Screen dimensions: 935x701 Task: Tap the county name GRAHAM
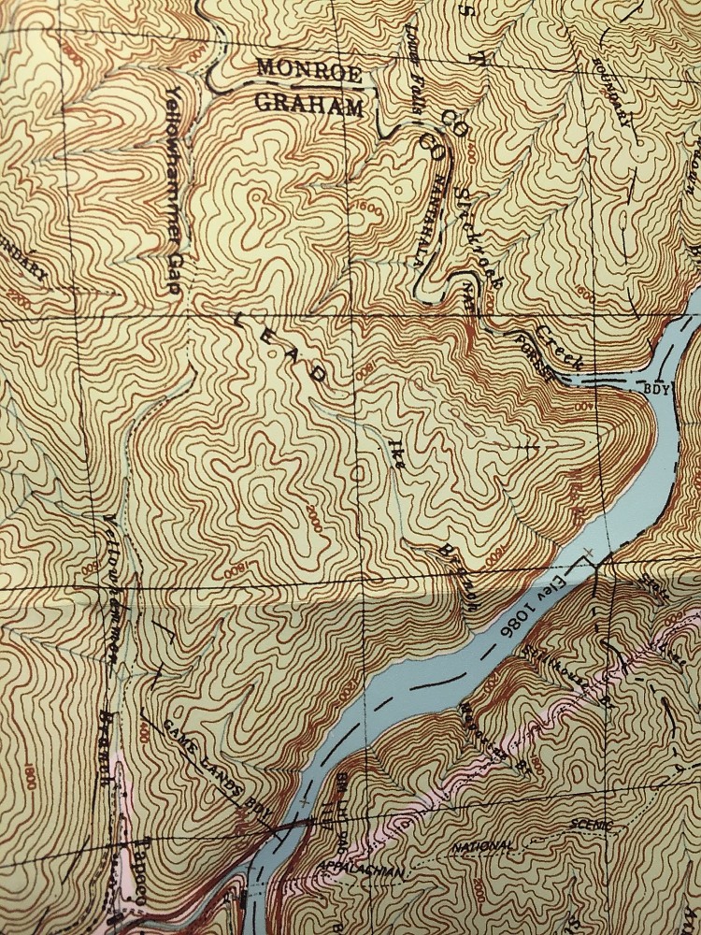(x=309, y=105)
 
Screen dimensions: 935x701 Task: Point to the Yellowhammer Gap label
(x=174, y=191)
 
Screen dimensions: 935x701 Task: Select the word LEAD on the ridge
(x=279, y=347)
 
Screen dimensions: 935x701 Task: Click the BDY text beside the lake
(x=657, y=387)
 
